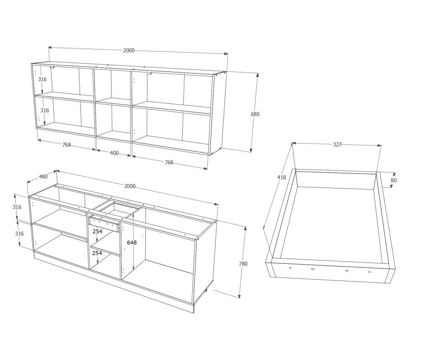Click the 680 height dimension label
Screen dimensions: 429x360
coord(255,114)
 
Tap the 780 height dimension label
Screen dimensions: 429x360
coord(243,264)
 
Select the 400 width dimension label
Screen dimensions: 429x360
coord(114,153)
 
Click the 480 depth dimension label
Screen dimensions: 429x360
coord(43,177)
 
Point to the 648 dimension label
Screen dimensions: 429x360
coord(132,242)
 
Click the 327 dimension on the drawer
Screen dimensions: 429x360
coord(337,144)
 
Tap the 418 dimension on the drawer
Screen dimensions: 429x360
coord(281,177)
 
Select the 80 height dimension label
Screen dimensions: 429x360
coord(393,180)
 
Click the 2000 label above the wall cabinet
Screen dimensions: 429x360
coord(129,50)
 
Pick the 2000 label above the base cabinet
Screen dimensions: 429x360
coord(130,186)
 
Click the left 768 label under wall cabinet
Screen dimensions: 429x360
coord(67,145)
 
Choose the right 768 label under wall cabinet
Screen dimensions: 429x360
coord(169,162)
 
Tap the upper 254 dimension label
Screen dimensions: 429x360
coord(97,231)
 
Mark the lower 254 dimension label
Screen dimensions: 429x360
coord(97,253)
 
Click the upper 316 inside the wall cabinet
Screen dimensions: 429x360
coord(42,79)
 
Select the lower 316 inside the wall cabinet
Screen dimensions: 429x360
coord(44,111)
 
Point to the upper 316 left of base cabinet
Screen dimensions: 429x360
coord(17,207)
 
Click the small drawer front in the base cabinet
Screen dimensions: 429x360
coord(104,223)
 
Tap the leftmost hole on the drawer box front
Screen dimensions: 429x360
coord(290,268)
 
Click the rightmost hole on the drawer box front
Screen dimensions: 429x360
coord(370,272)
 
